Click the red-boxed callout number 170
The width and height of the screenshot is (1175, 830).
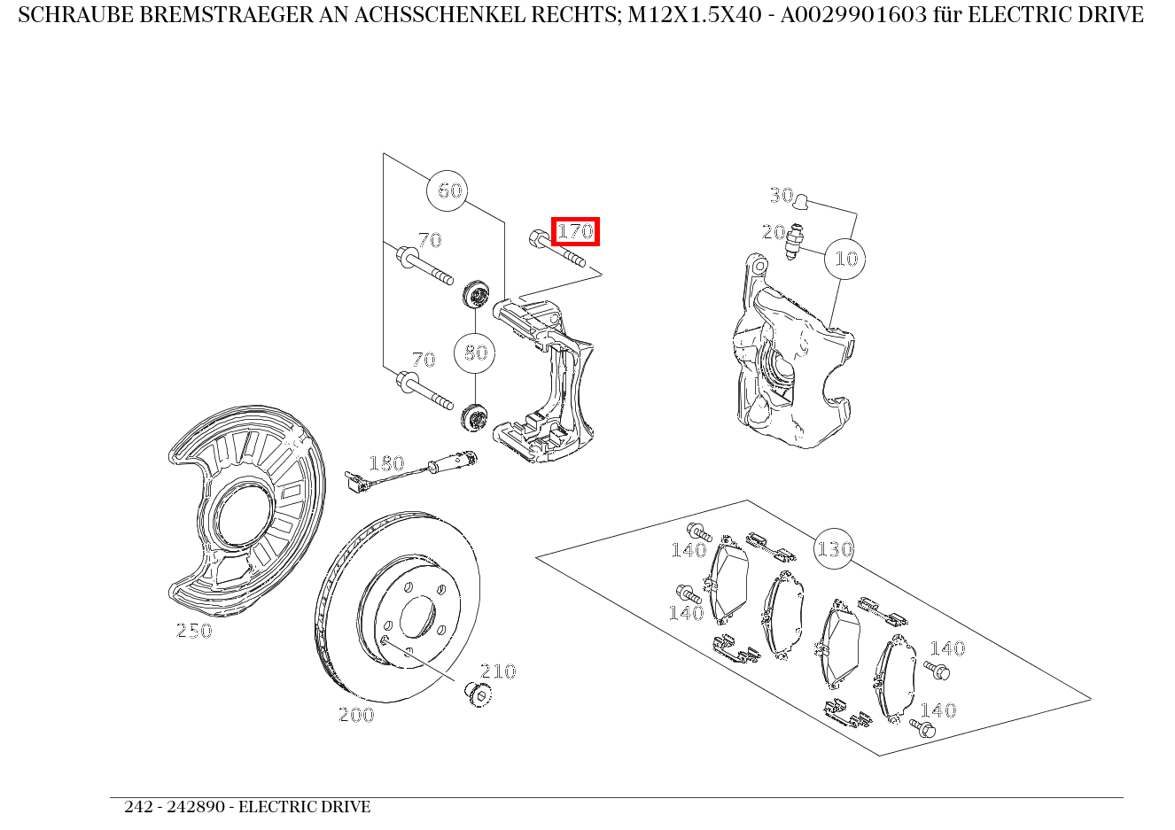pos(575,232)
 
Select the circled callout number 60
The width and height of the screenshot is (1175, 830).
pos(450,190)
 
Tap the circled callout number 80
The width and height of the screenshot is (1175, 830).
pos(476,353)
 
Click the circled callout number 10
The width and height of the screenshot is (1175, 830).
pos(845,259)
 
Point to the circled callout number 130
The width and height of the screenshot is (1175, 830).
pos(834,549)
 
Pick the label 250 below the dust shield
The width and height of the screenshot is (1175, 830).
pos(194,631)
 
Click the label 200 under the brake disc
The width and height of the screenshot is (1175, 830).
pos(356,715)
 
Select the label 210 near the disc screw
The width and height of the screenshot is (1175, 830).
pos(498,671)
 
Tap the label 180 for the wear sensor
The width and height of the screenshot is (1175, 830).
pos(386,463)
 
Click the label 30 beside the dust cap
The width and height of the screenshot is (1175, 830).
pos(781,195)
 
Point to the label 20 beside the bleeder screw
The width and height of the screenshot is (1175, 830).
pos(774,232)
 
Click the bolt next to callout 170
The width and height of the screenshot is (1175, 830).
pos(556,249)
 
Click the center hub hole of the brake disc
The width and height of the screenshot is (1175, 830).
pos(416,617)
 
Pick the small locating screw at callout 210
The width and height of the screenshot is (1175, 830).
pos(479,694)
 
